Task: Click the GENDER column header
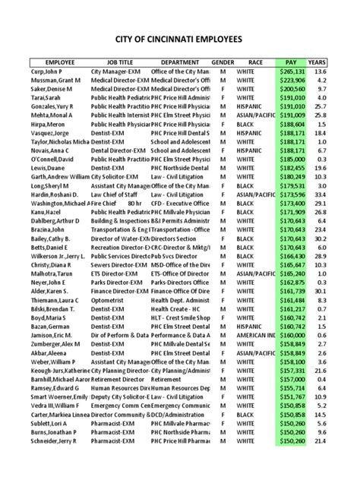point(223,62)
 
